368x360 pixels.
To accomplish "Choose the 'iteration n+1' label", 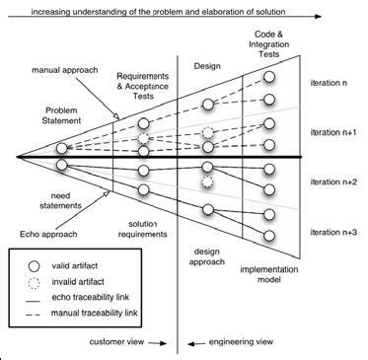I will pyautogui.click(x=336, y=131).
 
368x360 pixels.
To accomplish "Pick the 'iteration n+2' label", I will pyautogui.click(x=336, y=181).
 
